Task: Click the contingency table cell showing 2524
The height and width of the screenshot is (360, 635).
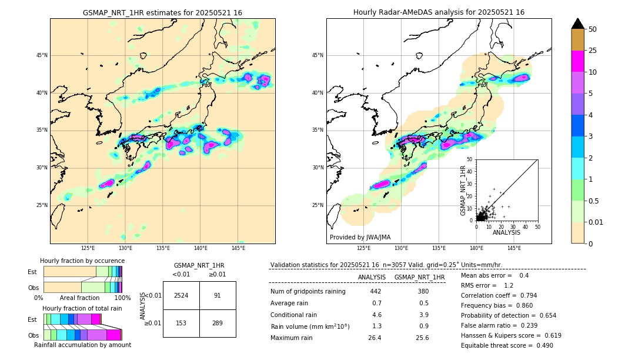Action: click(181, 295)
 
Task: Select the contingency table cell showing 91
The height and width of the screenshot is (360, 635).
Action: click(218, 295)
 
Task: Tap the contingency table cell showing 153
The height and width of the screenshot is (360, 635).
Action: click(181, 323)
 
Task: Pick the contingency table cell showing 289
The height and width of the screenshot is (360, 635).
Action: click(218, 323)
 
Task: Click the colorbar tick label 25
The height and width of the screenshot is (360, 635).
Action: click(593, 51)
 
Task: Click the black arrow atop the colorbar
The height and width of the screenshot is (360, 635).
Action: click(578, 24)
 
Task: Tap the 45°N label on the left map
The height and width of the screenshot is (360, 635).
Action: click(41, 55)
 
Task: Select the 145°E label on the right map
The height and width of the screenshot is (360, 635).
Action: click(514, 248)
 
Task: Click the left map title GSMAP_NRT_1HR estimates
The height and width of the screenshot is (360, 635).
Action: click(162, 12)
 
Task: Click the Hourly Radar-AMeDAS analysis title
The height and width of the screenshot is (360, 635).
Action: click(439, 12)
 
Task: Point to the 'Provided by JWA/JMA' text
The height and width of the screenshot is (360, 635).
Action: click(360, 238)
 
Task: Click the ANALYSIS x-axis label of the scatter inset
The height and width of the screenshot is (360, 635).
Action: click(506, 232)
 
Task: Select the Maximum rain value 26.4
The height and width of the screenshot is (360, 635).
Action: click(375, 338)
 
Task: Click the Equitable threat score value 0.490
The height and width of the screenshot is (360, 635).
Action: click(542, 345)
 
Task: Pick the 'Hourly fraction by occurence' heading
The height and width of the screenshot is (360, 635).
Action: click(82, 261)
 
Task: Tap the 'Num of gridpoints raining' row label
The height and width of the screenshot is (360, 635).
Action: click(308, 292)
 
